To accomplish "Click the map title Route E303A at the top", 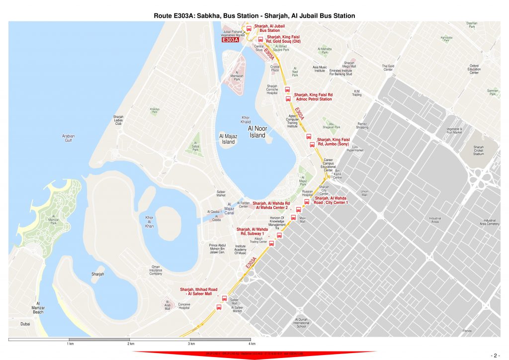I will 254,16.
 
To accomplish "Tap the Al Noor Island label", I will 257,132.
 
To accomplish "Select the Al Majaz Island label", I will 227,139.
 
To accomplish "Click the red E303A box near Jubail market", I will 230,40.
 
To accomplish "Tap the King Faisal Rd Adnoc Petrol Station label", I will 313,96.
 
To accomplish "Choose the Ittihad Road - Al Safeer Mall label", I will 199,291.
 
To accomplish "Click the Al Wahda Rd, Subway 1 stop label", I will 253,231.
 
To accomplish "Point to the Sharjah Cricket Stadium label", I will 479,150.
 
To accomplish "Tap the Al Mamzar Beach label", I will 38,307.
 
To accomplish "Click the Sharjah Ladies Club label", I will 118,120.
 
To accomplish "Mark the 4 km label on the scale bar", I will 252,344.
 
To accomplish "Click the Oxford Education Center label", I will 474,69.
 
